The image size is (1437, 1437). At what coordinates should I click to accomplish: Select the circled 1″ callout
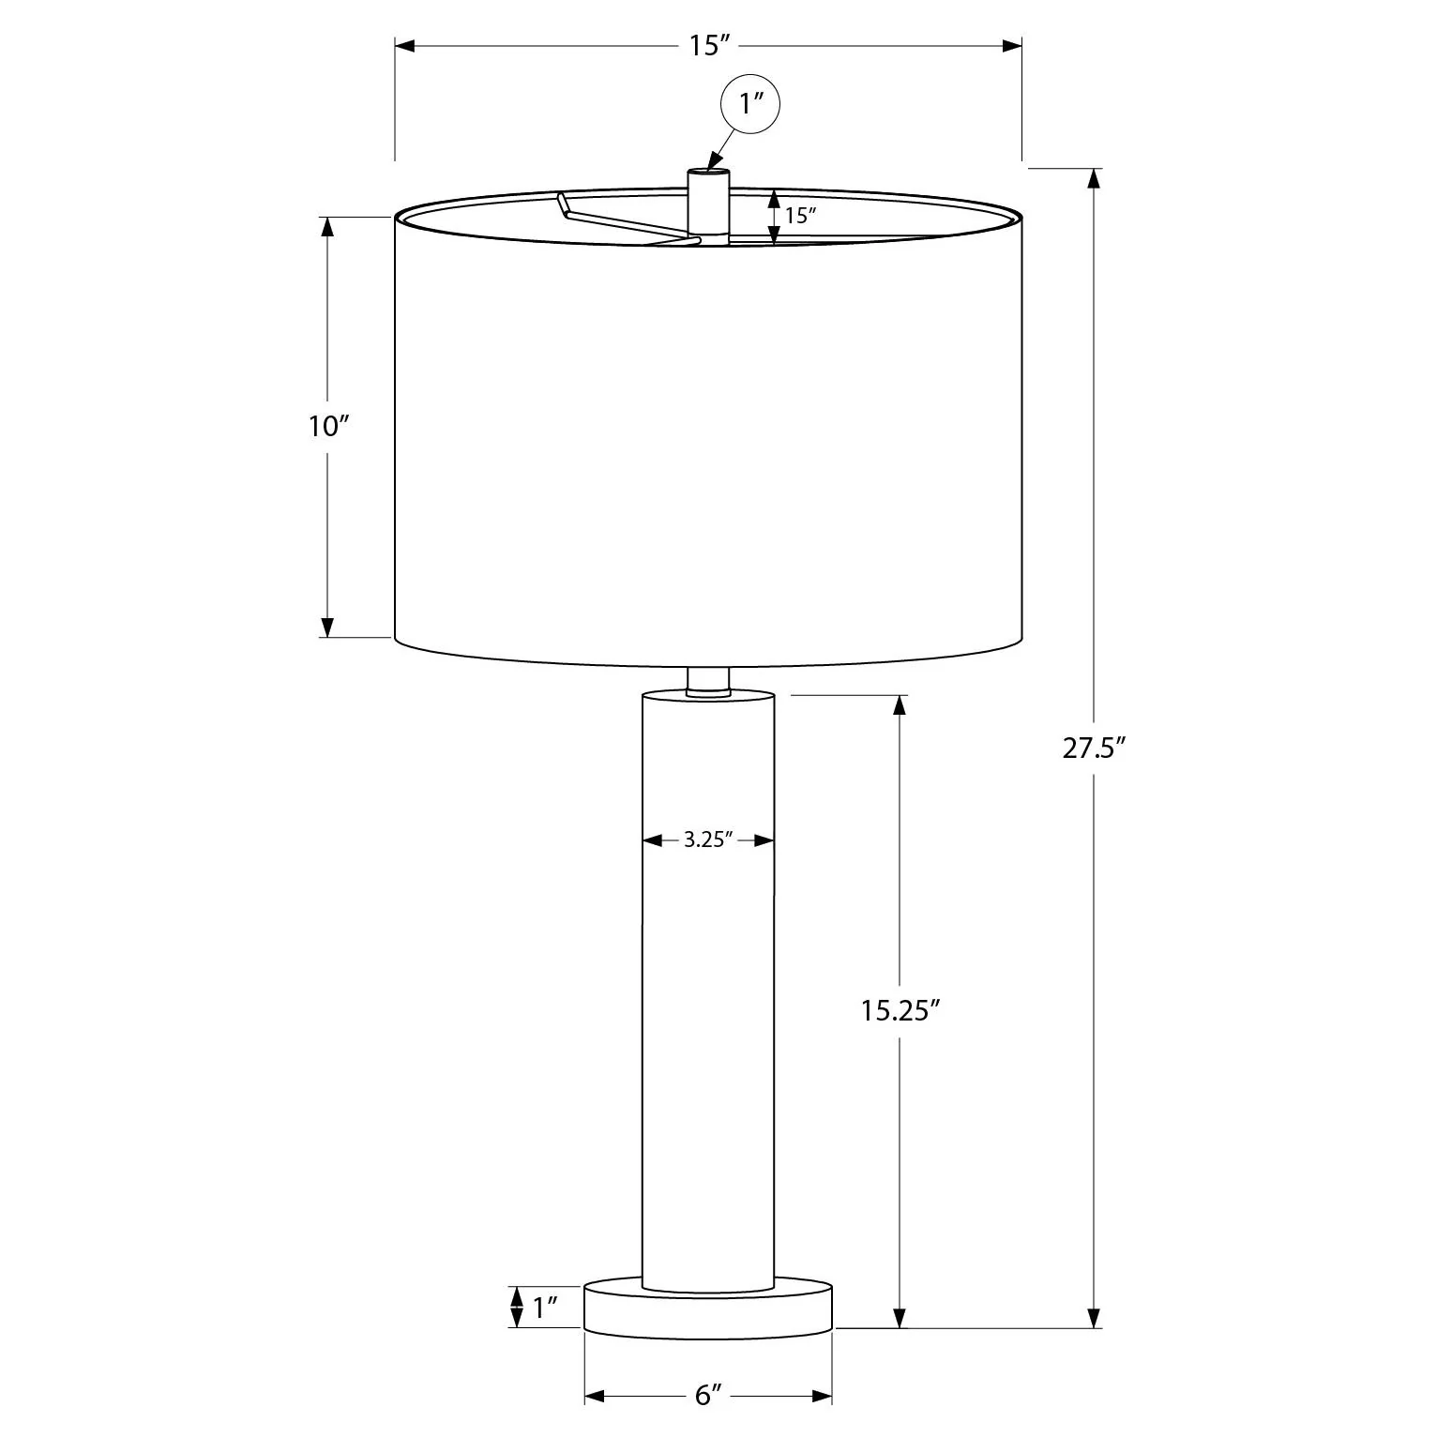coord(749,105)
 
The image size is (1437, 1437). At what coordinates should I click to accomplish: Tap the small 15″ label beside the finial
coord(800,215)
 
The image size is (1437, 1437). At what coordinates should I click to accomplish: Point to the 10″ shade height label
coord(328,427)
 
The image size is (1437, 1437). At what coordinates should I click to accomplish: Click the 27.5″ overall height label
coord(1094,749)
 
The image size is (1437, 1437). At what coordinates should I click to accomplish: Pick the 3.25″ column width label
coord(708,840)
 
